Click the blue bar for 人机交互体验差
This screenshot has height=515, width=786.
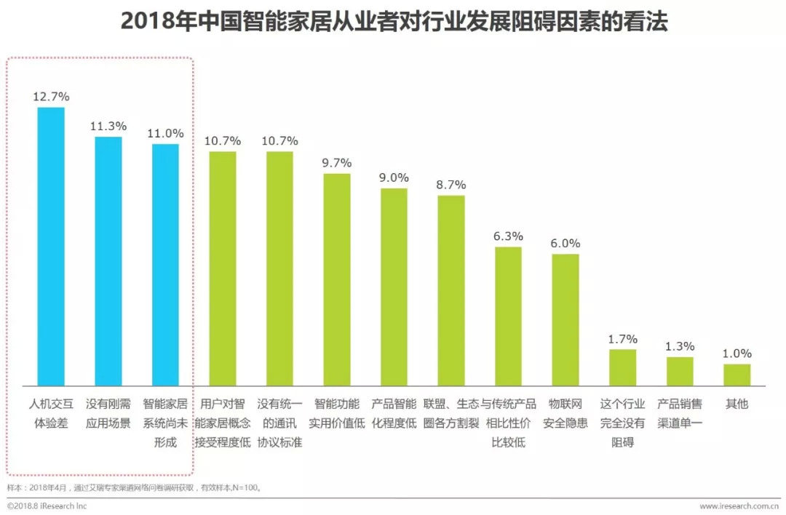tap(51, 246)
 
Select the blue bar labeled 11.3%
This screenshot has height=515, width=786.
tap(108, 260)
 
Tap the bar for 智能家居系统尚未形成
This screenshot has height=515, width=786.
tap(165, 264)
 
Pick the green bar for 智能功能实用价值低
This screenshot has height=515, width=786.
tap(337, 279)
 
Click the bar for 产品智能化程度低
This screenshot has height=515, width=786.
tap(394, 287)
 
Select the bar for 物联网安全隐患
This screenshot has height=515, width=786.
tap(565, 319)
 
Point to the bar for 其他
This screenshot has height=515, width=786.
tap(737, 374)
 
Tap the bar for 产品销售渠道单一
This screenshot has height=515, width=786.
tap(680, 371)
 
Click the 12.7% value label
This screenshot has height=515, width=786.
tap(51, 96)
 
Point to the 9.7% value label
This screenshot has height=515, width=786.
tap(337, 162)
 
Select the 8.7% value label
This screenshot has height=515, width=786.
tap(451, 185)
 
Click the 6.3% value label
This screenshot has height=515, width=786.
tap(508, 236)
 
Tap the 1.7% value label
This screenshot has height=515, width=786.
tap(623, 338)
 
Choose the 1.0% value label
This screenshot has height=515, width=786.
tap(737, 353)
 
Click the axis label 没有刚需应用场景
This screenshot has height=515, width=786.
tap(108, 413)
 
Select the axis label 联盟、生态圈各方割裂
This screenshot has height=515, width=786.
tap(451, 413)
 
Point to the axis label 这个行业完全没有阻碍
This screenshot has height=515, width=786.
tap(623, 423)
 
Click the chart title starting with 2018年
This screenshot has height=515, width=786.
tap(393, 22)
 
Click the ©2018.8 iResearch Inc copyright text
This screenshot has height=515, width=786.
tap(47, 506)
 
